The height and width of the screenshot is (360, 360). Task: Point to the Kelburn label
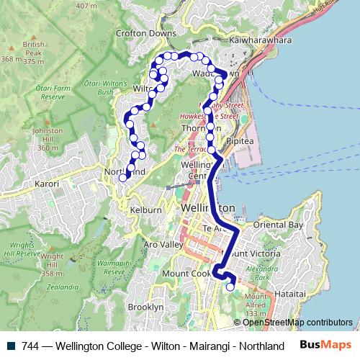click(145, 209)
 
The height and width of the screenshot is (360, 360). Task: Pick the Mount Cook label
click(186, 274)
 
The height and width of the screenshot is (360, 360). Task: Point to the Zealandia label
click(61, 286)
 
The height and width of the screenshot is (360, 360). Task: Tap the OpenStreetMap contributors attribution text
click(297, 322)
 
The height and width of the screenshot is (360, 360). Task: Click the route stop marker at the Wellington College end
click(230, 287)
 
